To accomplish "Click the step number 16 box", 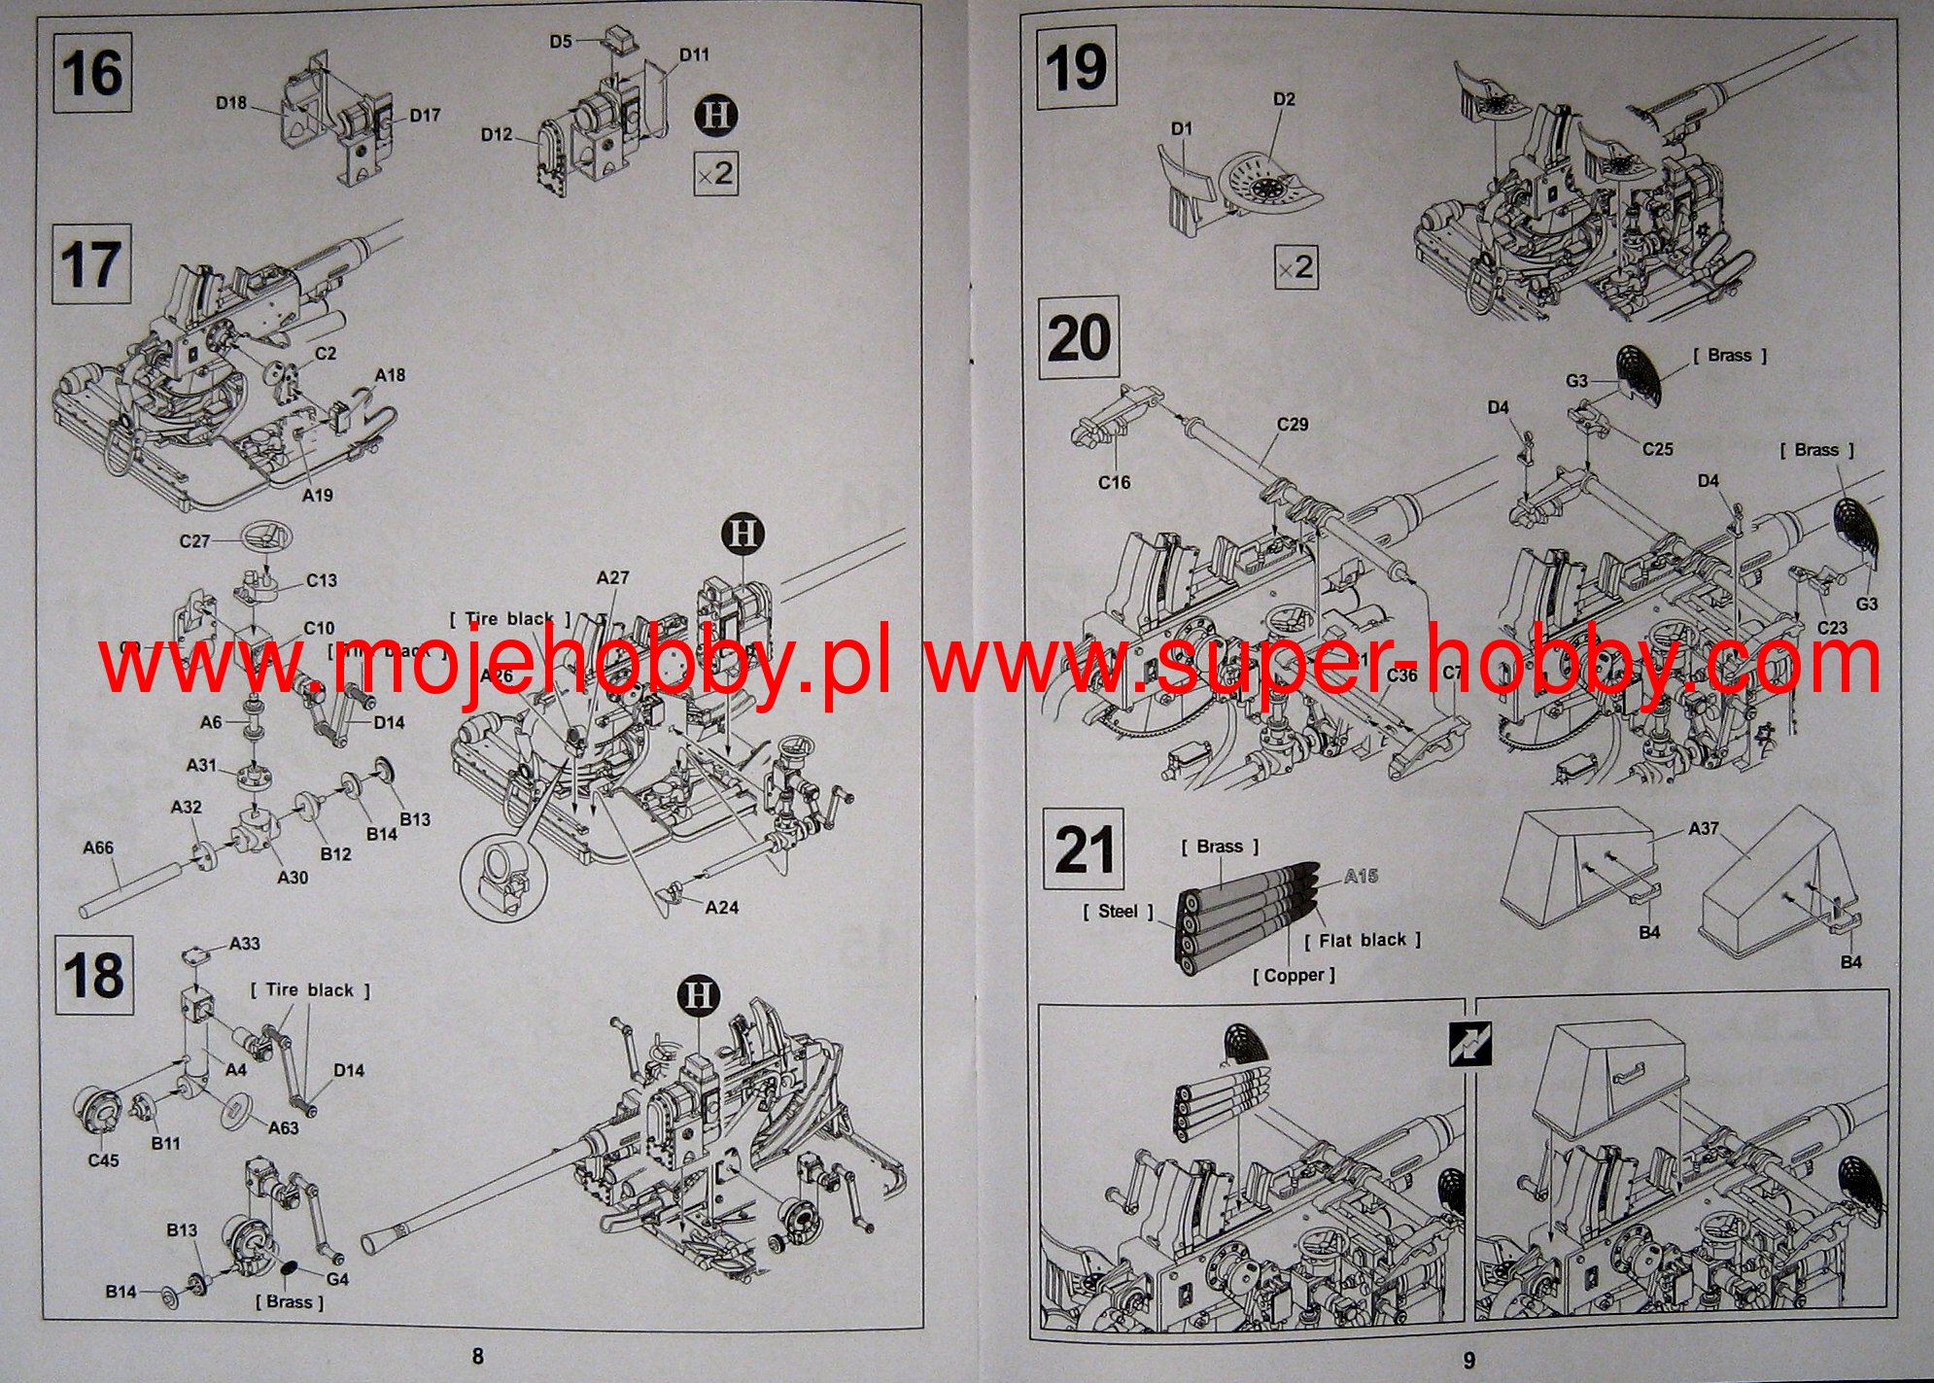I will (x=91, y=73).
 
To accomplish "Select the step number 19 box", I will (x=1076, y=67).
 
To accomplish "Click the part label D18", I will (x=231, y=102).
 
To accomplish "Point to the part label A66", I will (x=97, y=847).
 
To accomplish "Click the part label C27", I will (x=194, y=540).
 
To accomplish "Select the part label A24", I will (x=722, y=907).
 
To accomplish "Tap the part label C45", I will (x=103, y=1160).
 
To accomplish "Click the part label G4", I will (x=337, y=1279).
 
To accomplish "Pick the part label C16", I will (x=1114, y=482).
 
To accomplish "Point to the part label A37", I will (x=1704, y=828).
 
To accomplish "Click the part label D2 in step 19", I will (x=1284, y=99).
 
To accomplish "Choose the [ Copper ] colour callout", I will (x=1294, y=975).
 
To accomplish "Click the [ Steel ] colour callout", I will (x=1118, y=911).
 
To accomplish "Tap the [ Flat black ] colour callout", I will (x=1362, y=940).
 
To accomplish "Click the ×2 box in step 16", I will (x=714, y=174).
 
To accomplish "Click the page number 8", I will (x=476, y=1356).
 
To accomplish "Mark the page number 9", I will (x=1468, y=1360).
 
